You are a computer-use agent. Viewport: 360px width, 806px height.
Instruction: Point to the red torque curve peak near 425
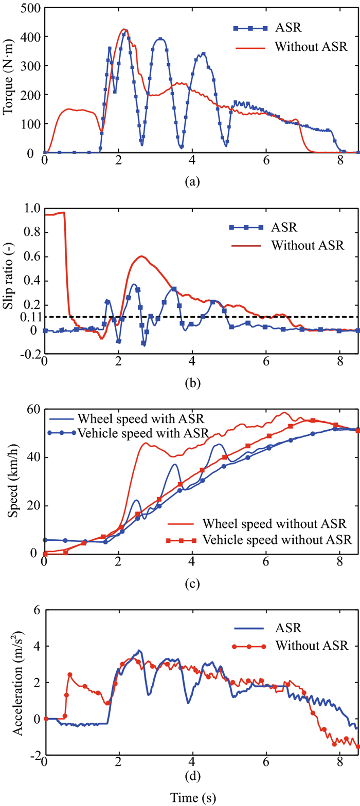(x=124, y=29)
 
